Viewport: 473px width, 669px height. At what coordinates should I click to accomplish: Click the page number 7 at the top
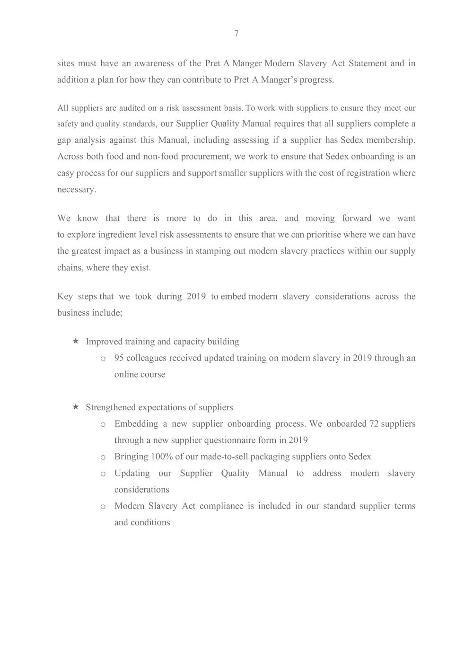point(236,34)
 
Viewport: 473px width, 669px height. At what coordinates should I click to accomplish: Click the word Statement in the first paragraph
point(367,63)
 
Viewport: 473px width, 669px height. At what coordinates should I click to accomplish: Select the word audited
point(132,108)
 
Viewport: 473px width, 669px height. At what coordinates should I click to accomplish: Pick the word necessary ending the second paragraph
point(77,189)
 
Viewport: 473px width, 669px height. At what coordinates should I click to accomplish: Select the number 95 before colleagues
point(119,358)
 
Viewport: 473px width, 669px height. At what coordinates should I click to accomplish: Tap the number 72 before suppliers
point(374,423)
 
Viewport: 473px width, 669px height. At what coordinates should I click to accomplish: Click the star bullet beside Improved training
point(76,341)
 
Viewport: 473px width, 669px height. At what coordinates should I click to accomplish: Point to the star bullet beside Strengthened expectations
point(76,407)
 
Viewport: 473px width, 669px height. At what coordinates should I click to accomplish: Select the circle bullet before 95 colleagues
point(103,359)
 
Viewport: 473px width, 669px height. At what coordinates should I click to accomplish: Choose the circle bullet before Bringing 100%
point(103,458)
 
